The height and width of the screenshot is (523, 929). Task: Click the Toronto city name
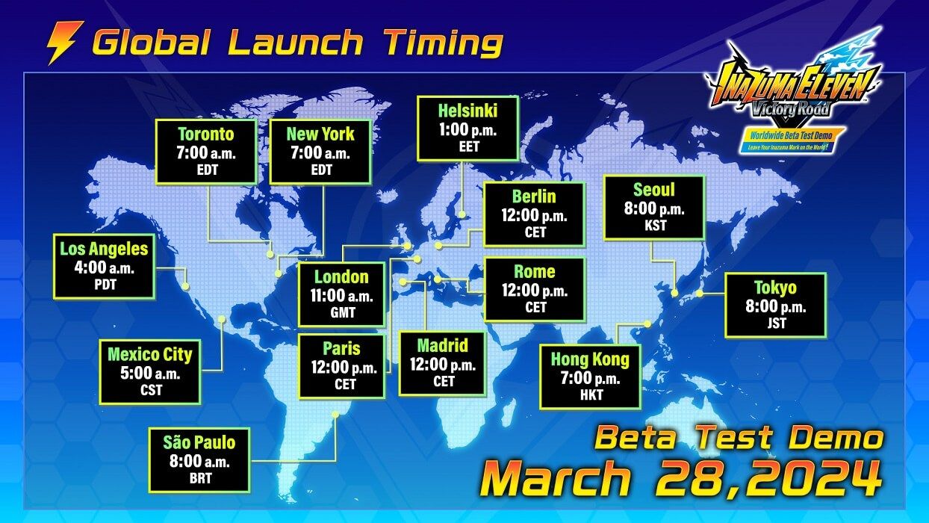pyautogui.click(x=206, y=134)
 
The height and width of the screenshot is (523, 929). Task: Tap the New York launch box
pyautogui.click(x=320, y=152)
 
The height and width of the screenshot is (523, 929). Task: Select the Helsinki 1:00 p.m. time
pyautogui.click(x=467, y=130)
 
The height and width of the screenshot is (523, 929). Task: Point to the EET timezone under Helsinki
pyautogui.click(x=468, y=147)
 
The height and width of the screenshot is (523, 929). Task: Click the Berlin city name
pyautogui.click(x=534, y=196)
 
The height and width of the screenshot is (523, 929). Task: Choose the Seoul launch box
pyautogui.click(x=654, y=207)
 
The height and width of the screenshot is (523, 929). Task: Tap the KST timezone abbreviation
pyautogui.click(x=654, y=225)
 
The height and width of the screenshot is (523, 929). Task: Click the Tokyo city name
pyautogui.click(x=775, y=288)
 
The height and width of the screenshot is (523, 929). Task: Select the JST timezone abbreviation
pyautogui.click(x=775, y=324)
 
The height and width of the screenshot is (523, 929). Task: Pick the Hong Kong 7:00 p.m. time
pyautogui.click(x=590, y=379)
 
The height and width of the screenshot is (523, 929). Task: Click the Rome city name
pyautogui.click(x=535, y=272)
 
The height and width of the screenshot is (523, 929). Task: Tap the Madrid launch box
pyautogui.click(x=443, y=364)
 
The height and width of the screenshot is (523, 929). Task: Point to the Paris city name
pyautogui.click(x=342, y=349)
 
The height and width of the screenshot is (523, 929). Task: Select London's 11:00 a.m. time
pyautogui.click(x=341, y=296)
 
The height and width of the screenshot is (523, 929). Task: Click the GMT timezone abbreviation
pyautogui.click(x=341, y=314)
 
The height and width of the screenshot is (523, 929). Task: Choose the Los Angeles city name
pyautogui.click(x=103, y=249)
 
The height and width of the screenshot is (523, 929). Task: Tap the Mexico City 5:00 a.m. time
pyautogui.click(x=149, y=371)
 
